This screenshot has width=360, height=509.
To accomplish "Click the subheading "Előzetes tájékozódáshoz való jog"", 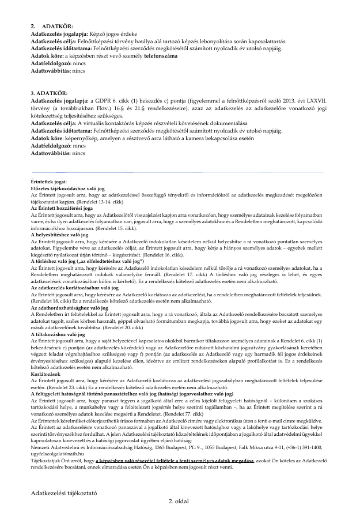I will point(67,188).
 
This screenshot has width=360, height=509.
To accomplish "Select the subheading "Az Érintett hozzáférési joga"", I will point(61,208).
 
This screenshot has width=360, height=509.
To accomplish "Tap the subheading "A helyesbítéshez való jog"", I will point(59,235).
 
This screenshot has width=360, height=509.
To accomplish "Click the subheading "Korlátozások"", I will point(46,374).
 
